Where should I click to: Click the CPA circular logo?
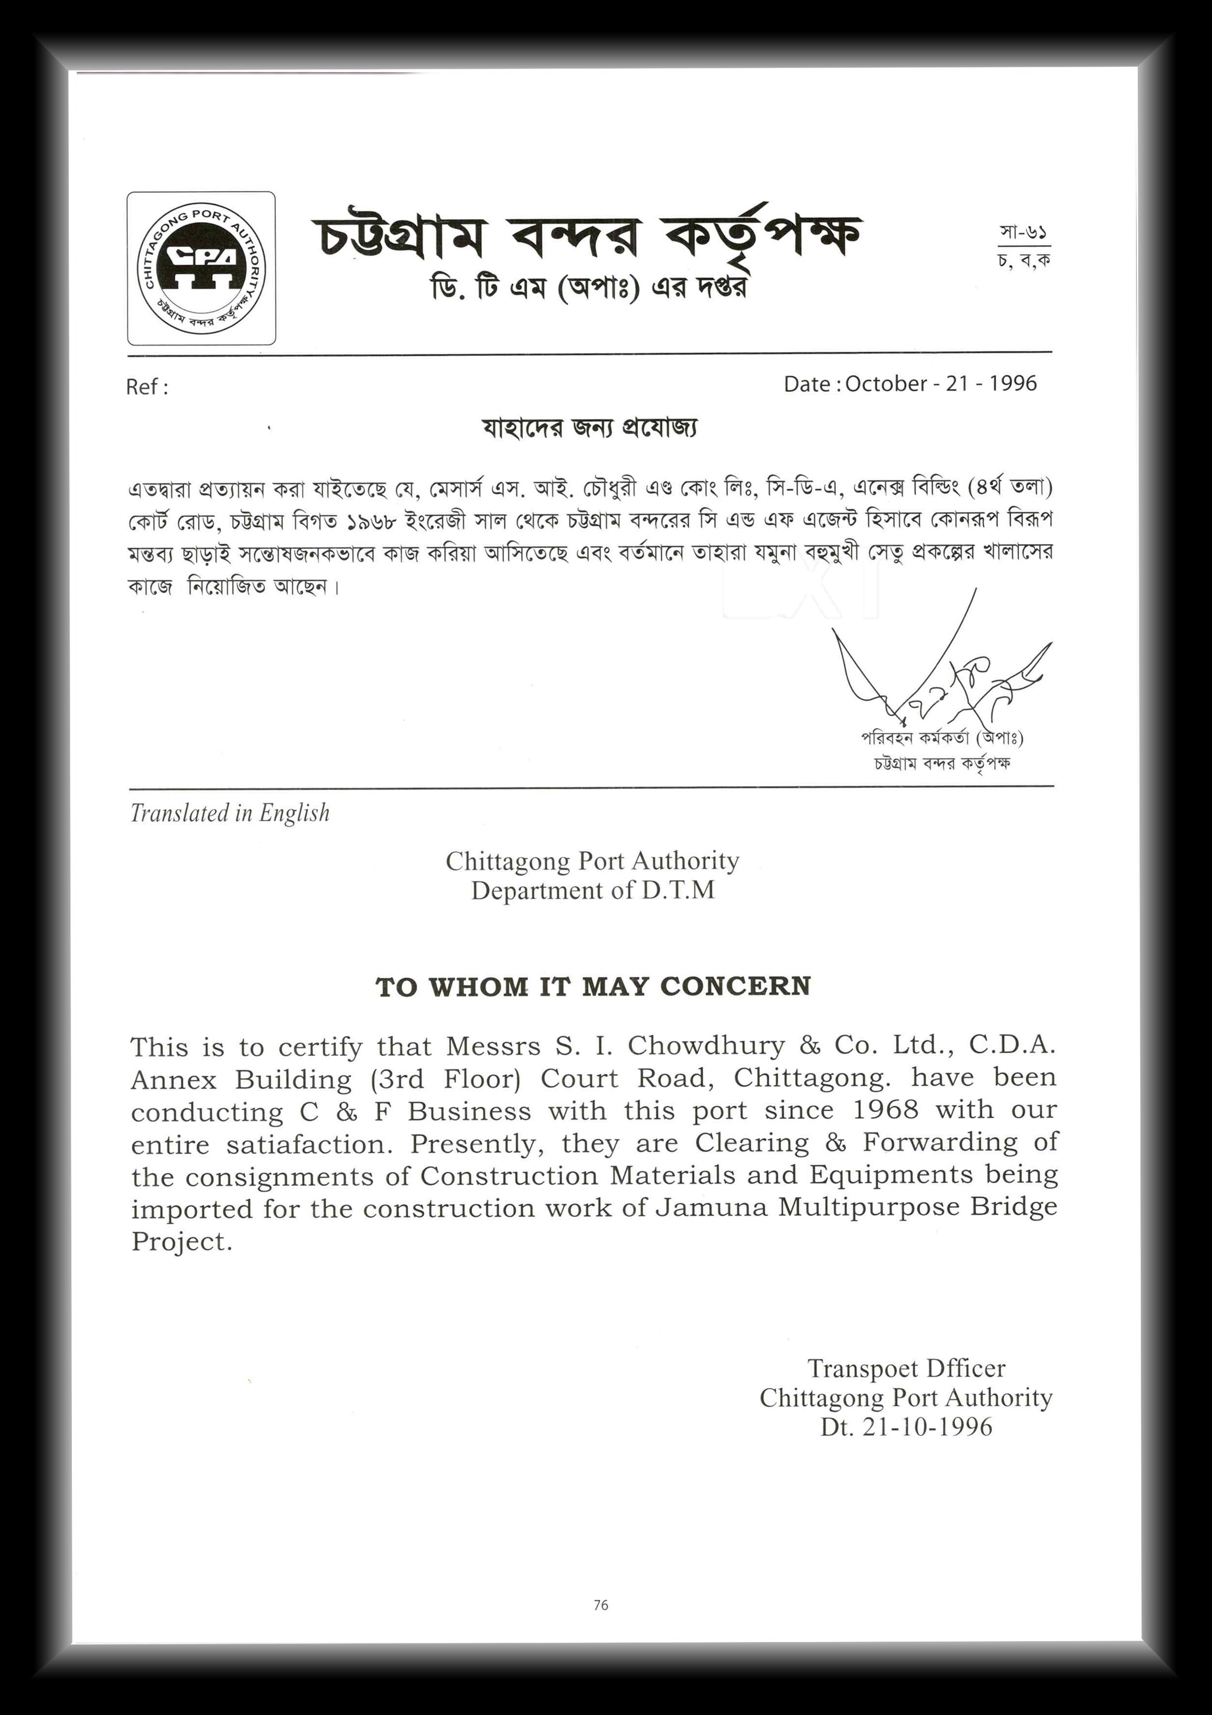click(x=201, y=268)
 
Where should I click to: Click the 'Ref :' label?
click(x=146, y=387)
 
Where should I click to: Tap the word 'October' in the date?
click(x=887, y=383)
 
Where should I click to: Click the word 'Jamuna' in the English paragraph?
click(x=711, y=1208)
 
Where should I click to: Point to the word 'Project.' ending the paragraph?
click(x=181, y=1241)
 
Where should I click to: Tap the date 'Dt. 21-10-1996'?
click(x=906, y=1427)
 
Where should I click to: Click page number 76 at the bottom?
click(x=601, y=1605)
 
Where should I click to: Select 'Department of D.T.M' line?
click(x=592, y=890)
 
